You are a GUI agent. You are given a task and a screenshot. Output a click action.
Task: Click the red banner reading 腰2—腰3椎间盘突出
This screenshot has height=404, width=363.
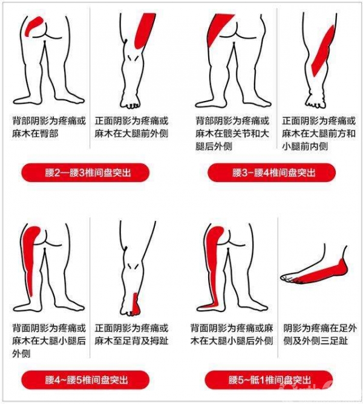[85, 172]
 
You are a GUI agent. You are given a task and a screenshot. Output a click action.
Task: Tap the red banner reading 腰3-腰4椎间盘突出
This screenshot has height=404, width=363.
[272, 172]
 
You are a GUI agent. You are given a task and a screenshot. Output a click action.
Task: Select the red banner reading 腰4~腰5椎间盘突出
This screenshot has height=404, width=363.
[85, 380]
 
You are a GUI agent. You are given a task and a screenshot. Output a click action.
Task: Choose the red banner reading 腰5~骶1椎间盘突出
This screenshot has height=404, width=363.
[269, 380]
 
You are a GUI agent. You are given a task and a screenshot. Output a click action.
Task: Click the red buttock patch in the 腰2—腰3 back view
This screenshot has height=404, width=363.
[33, 25]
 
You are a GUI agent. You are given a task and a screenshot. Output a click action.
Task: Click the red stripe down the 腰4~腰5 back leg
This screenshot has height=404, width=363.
[31, 255]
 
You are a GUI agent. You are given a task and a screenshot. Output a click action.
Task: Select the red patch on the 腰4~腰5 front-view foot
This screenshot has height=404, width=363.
[136, 304]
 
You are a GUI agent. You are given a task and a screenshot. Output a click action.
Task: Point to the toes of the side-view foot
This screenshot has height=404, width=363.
[287, 278]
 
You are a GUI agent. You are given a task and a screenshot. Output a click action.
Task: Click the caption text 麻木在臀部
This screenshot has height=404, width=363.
[35, 134]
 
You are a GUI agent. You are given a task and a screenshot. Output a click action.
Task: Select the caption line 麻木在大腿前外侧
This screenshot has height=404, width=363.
[131, 134]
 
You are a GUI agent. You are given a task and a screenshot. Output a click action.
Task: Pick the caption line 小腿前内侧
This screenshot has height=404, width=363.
[305, 146]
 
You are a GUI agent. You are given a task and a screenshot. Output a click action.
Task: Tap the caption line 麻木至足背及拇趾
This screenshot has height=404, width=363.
[131, 341]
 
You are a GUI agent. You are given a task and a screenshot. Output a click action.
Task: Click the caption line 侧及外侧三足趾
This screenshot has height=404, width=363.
[316, 341]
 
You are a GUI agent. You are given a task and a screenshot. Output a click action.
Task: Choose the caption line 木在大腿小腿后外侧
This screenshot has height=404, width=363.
[232, 341]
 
